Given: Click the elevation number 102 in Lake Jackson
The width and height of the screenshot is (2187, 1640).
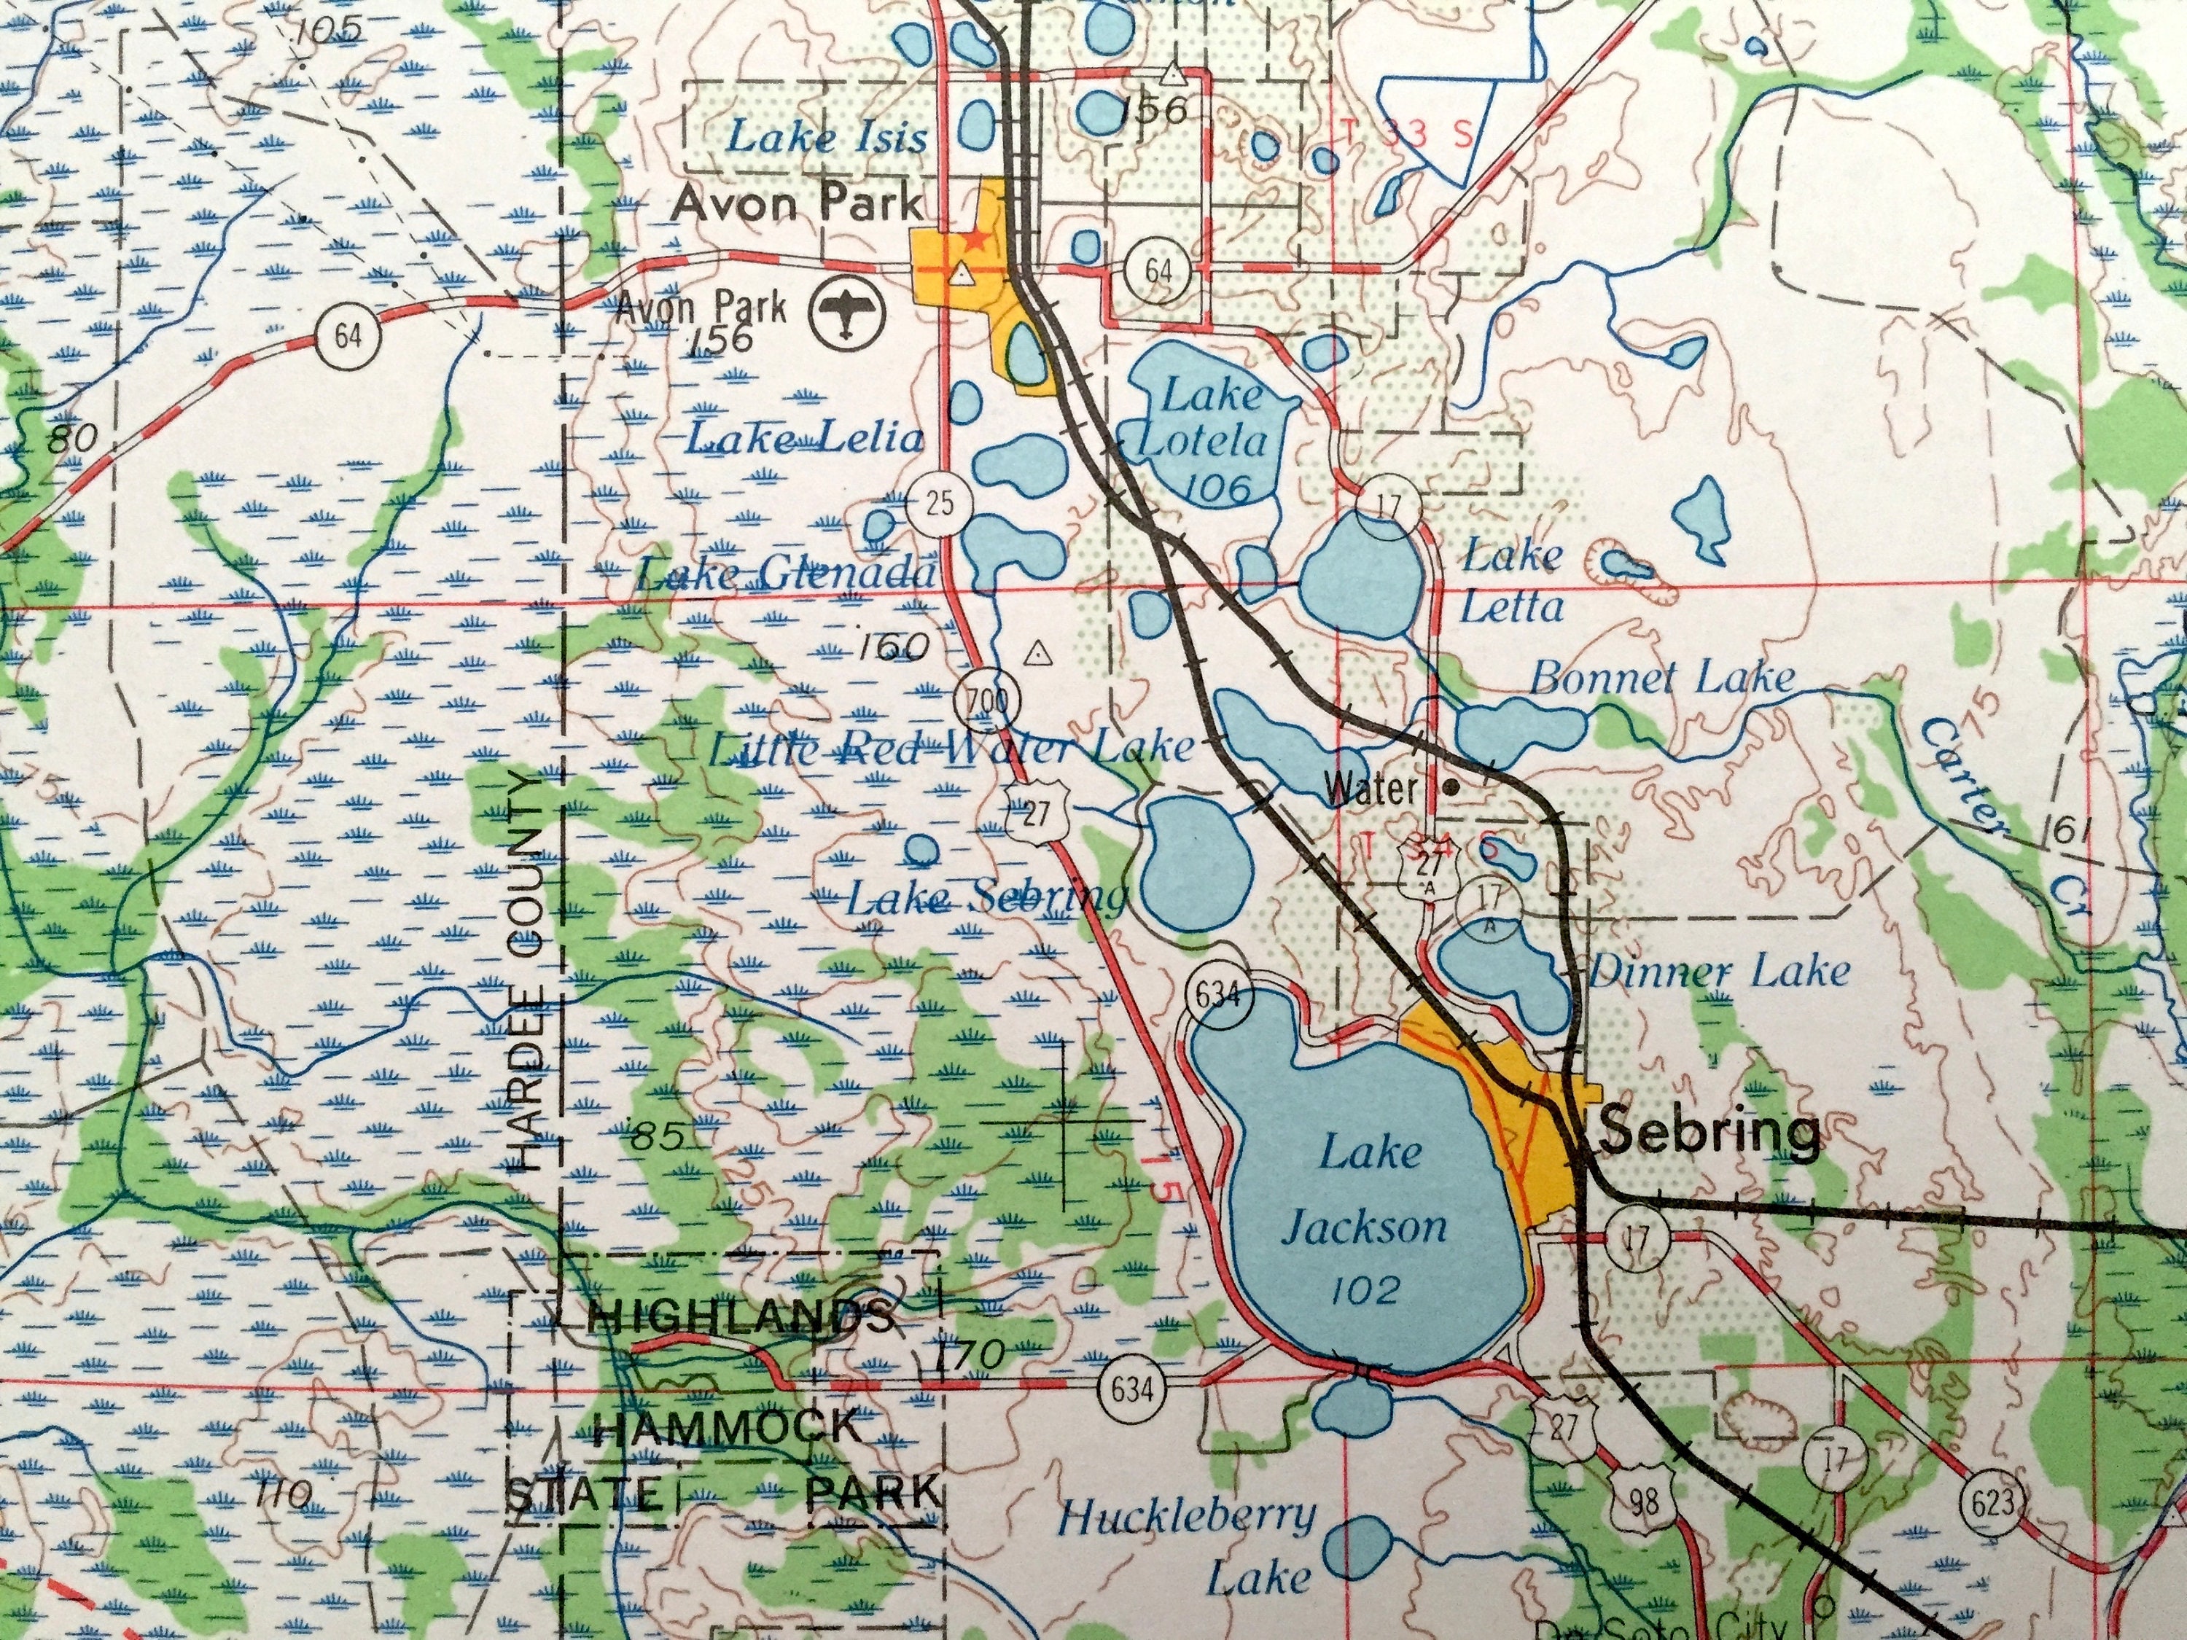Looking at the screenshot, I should tap(1365, 1289).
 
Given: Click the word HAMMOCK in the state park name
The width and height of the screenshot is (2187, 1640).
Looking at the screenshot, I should tap(729, 1427).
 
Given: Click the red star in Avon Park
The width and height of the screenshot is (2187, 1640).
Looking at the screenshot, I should tap(977, 239).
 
